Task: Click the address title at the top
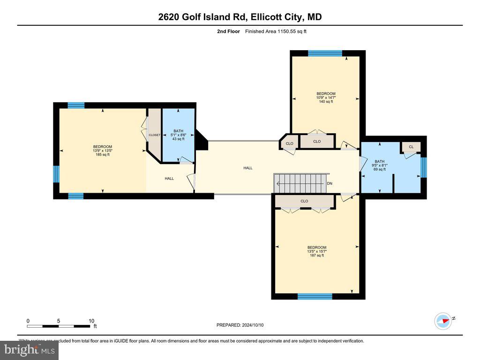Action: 240,17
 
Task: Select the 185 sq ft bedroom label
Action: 103,150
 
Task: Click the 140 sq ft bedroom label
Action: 326,97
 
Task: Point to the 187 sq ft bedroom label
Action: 316,251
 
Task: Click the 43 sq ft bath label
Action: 178,135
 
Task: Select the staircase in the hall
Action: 300,183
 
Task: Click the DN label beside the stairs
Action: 330,183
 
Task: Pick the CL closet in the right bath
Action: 411,147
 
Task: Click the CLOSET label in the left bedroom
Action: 155,135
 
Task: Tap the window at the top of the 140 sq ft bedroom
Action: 325,53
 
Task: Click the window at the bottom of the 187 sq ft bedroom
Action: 315,296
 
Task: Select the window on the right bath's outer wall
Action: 424,167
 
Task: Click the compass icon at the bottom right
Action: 443,321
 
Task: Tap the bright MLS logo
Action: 29,350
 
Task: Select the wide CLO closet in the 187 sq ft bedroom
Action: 304,202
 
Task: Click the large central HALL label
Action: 248,168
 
